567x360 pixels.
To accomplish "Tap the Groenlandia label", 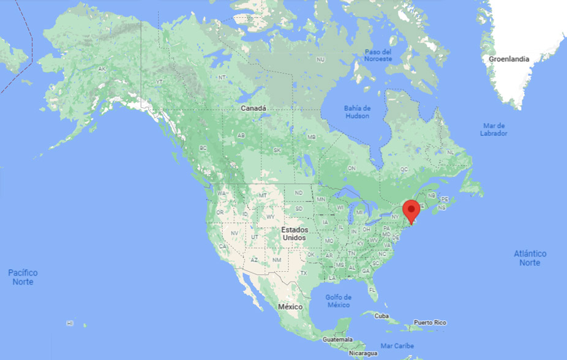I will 509,59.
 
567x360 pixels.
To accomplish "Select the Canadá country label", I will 253,108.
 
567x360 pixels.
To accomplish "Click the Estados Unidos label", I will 294,233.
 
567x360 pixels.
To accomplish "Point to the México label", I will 290,306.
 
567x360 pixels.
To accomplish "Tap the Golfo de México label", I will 338,301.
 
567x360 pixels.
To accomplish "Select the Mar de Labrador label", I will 494,129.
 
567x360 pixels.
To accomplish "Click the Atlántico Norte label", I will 530,258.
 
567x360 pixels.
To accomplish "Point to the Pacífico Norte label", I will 23,277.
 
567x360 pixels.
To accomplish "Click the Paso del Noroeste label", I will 378,55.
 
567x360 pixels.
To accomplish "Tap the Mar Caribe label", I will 397,346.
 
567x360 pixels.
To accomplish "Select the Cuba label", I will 381,317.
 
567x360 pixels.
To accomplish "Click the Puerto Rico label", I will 430,322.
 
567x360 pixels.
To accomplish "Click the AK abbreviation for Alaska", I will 102,69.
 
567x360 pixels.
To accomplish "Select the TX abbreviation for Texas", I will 302,272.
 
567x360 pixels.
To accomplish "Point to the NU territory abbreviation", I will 320,59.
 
